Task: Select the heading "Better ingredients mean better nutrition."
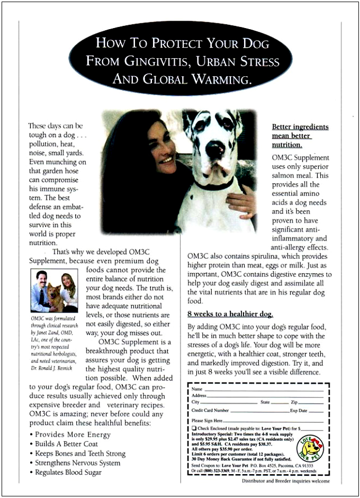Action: tap(300, 136)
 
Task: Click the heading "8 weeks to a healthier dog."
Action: tap(230, 314)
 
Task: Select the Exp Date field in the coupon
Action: tap(317, 411)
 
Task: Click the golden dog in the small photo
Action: tap(54, 298)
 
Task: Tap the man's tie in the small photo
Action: tap(41, 295)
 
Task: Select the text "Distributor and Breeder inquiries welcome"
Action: tap(285, 481)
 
